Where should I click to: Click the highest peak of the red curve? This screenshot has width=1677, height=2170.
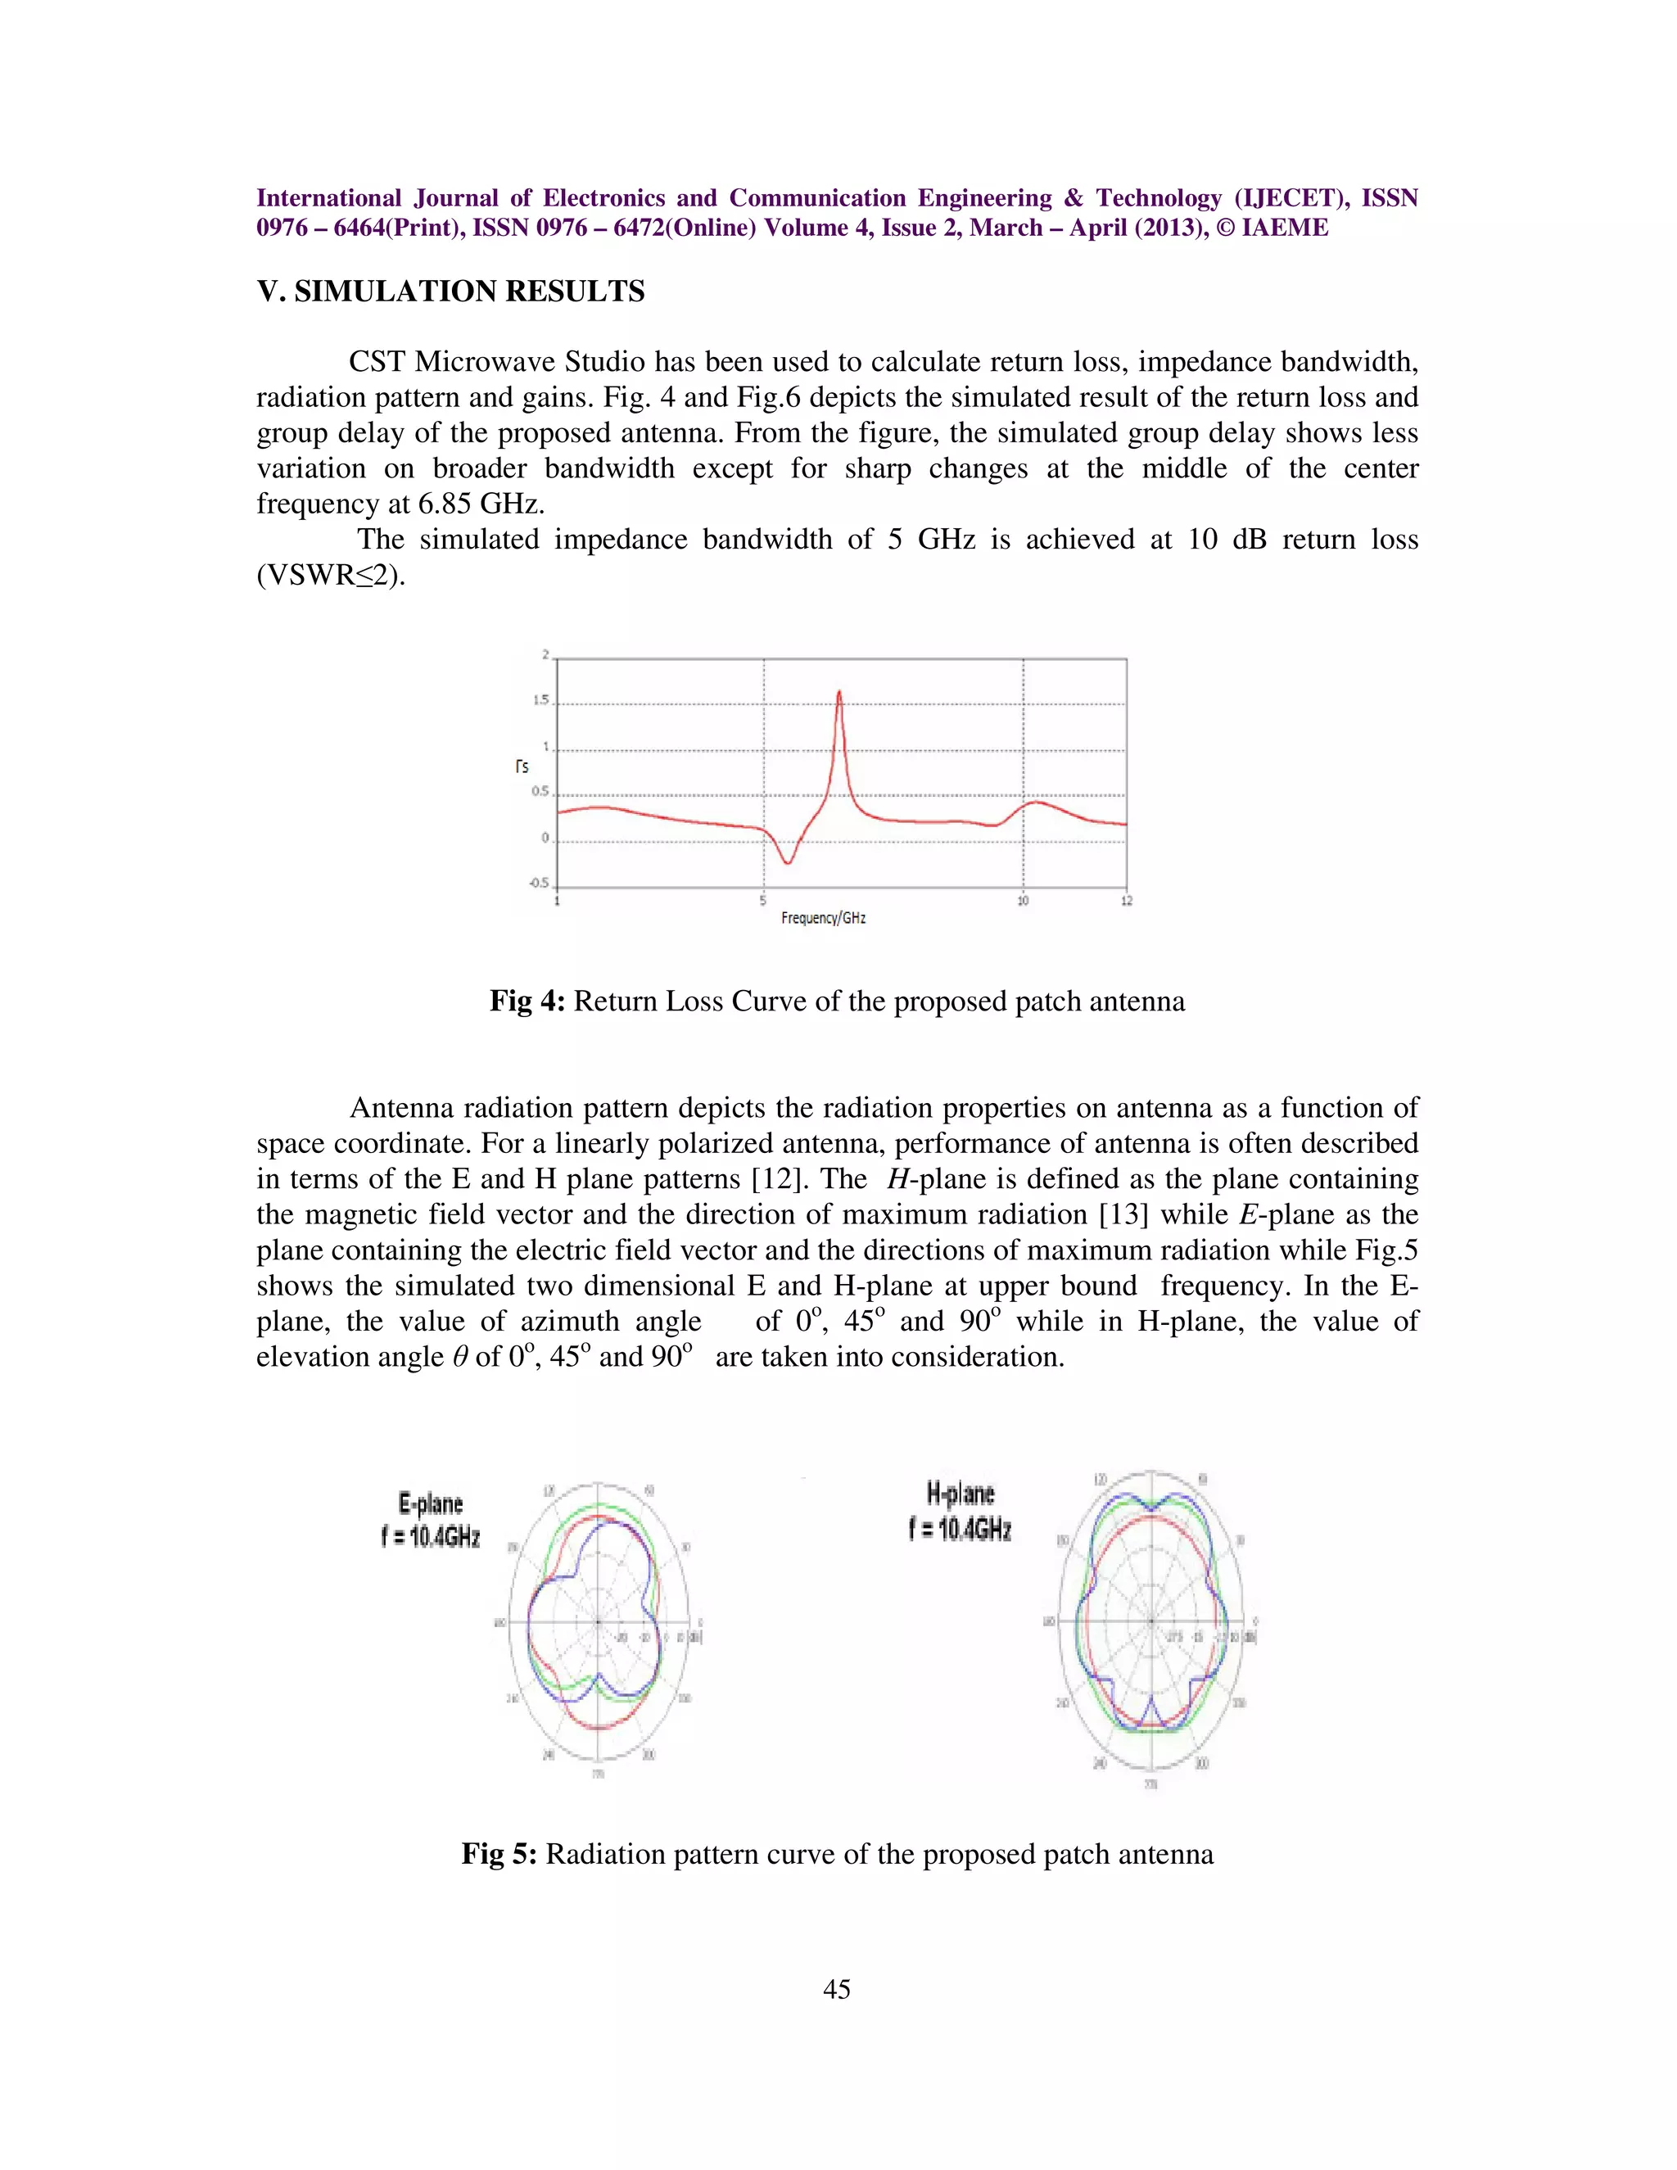[x=839, y=692]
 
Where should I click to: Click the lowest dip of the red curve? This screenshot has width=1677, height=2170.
[x=787, y=862]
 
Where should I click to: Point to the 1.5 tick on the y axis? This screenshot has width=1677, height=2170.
[x=541, y=700]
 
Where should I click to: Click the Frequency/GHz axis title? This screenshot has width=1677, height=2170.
[x=823, y=918]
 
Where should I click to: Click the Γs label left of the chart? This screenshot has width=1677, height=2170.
[x=522, y=766]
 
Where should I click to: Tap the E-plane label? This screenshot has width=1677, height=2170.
[x=430, y=1503]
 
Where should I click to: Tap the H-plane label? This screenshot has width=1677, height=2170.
[x=960, y=1494]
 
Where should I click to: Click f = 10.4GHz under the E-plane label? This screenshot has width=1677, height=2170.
[x=430, y=1537]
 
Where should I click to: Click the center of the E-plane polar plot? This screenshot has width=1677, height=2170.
[x=598, y=1621]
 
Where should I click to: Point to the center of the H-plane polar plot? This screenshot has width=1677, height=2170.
[x=1150, y=1621]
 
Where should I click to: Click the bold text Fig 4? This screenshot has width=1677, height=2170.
[x=527, y=1001]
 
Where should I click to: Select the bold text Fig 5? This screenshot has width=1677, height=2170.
[x=499, y=1854]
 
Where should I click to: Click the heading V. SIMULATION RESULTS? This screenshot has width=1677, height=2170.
[x=450, y=292]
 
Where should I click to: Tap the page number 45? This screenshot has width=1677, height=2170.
[x=837, y=1988]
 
